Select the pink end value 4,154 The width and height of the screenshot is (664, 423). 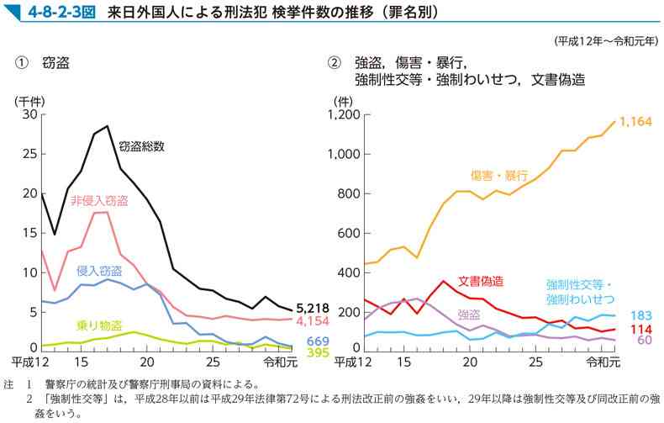312,321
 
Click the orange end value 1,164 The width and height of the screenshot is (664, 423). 635,123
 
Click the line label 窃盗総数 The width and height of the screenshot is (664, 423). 142,145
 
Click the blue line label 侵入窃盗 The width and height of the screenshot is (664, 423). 98,270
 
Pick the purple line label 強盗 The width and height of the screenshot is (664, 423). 469,315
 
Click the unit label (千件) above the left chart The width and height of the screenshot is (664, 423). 29,100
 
